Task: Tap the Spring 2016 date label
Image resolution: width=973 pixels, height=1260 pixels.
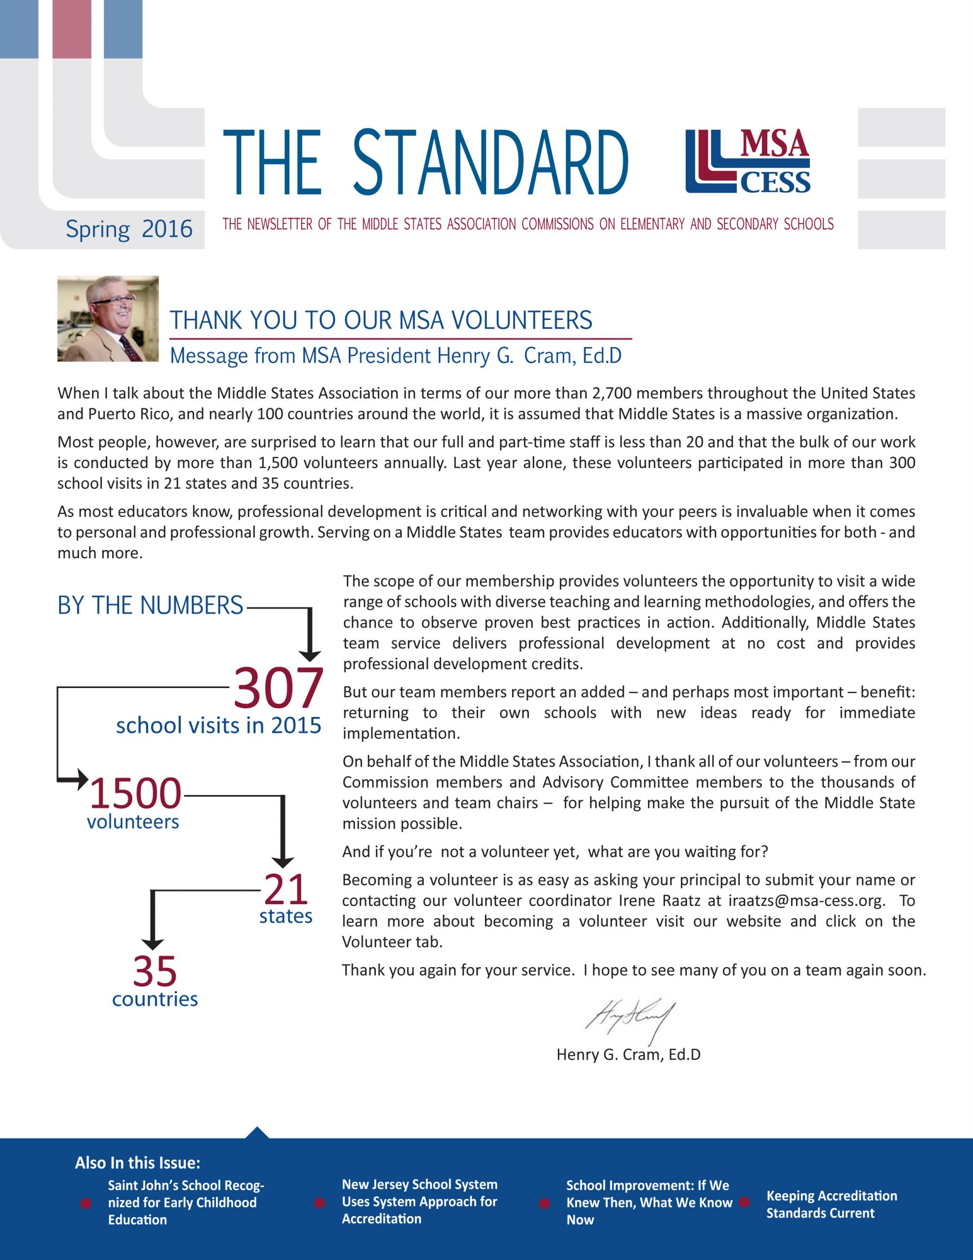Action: [x=128, y=229]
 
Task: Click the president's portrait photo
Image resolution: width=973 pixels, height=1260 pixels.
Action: [x=108, y=318]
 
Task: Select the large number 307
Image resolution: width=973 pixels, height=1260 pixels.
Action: [x=278, y=688]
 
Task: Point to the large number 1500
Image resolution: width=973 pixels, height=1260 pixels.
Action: [x=136, y=793]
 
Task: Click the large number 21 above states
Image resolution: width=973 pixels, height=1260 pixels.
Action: [x=285, y=889]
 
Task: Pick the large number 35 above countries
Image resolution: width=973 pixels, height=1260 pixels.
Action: [x=154, y=972]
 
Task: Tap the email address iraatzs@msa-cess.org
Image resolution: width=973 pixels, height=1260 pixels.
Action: [x=806, y=901]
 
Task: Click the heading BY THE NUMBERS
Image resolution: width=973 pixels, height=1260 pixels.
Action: [x=150, y=605]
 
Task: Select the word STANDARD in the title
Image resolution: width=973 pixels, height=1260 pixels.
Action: [x=490, y=163]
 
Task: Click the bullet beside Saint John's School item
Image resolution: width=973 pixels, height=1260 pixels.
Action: [x=86, y=1203]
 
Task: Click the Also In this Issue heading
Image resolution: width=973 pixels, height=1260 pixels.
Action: [x=137, y=1163]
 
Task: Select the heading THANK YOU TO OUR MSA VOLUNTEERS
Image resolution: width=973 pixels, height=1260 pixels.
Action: [x=381, y=320]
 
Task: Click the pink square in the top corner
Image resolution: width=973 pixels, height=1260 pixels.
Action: [x=71, y=29]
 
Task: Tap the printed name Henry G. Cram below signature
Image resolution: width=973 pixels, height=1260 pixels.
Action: [x=628, y=1055]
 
